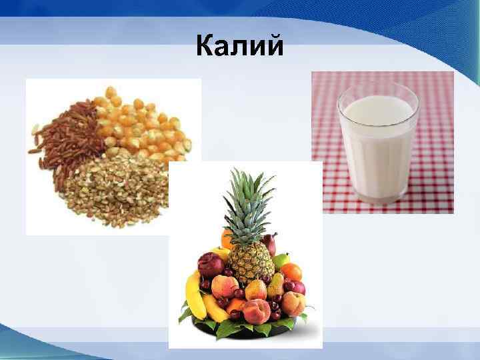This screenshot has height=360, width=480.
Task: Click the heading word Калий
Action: pyautogui.click(x=240, y=47)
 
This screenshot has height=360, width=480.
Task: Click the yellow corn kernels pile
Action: pyautogui.click(x=143, y=123)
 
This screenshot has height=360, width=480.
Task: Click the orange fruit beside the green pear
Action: pyautogui.click(x=291, y=272)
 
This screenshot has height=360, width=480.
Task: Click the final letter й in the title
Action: pyautogui.click(x=274, y=47)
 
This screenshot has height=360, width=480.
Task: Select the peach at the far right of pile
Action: pyautogui.click(x=293, y=303)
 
